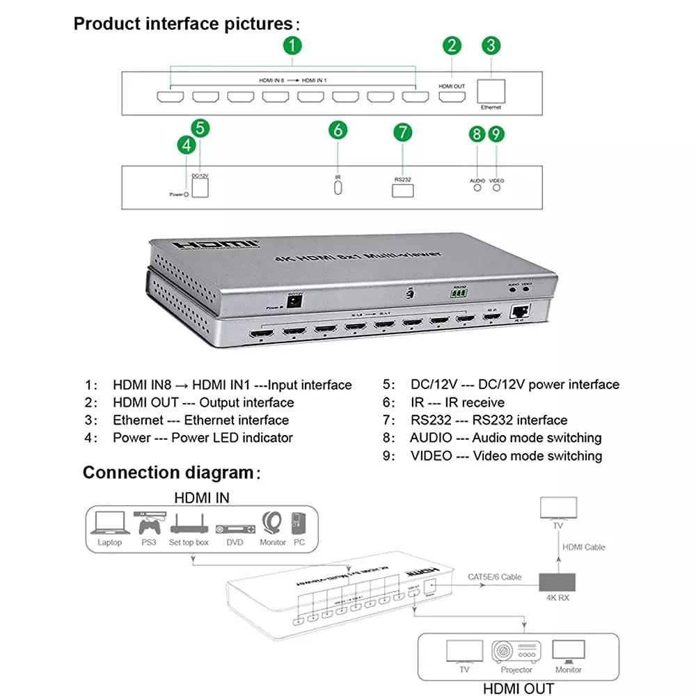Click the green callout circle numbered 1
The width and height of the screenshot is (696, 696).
(x=293, y=47)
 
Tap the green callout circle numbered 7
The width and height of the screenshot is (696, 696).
(x=403, y=132)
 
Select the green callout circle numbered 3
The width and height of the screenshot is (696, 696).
(x=491, y=47)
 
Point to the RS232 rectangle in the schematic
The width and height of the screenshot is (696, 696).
(x=403, y=191)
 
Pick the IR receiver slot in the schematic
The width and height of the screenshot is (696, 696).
(x=338, y=190)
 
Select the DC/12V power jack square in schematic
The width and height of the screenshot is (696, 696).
(x=200, y=189)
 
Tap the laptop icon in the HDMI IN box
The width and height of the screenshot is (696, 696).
(x=109, y=523)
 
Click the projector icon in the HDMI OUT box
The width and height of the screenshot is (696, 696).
(x=516, y=651)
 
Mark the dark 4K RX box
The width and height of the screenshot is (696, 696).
(x=557, y=581)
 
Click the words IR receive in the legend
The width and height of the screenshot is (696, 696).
(x=475, y=402)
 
